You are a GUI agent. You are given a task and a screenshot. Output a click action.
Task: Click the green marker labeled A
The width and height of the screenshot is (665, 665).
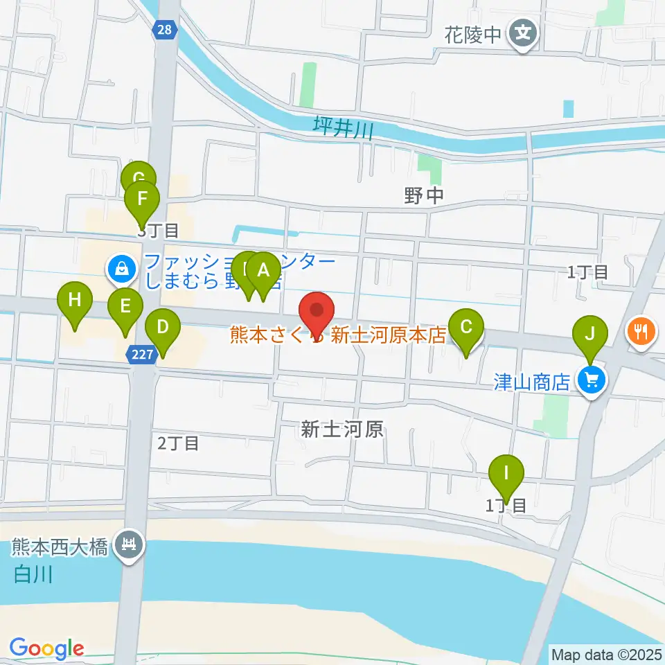263,271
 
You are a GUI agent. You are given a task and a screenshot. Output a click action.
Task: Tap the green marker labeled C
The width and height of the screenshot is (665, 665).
466,326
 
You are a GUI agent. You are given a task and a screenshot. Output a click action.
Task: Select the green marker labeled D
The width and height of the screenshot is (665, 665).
163,326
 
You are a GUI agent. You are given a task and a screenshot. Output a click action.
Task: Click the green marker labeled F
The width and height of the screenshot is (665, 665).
142,199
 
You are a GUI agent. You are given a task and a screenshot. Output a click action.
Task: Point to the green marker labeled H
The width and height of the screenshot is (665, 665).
76,301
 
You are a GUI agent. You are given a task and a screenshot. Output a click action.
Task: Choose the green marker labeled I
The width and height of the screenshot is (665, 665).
506,474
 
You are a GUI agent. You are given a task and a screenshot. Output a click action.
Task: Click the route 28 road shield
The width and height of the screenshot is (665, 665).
167,30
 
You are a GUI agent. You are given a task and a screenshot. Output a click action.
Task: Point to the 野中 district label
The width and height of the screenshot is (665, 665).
424,197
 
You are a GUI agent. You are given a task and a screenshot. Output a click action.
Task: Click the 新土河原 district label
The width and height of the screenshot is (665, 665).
342,429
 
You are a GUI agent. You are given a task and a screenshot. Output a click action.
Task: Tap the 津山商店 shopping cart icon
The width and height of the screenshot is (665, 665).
592,380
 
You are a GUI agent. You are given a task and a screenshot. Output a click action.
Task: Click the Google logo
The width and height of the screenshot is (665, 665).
46,648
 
